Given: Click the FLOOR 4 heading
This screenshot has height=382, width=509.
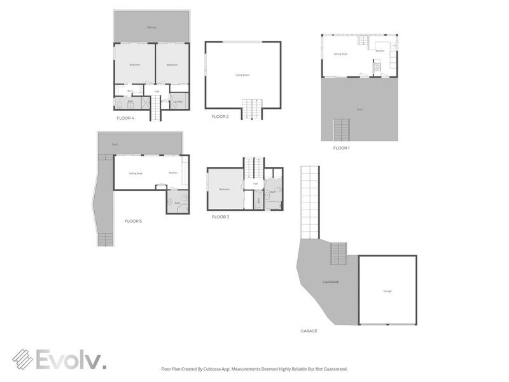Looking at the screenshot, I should [125, 118].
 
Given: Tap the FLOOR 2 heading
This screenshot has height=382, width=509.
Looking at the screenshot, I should [220, 117].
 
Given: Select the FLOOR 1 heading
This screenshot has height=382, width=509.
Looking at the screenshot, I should [341, 148].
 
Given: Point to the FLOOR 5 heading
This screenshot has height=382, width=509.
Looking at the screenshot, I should [133, 221].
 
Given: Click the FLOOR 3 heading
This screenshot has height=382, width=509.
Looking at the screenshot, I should [220, 217].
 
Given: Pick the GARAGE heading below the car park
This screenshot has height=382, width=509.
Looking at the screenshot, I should [309, 331].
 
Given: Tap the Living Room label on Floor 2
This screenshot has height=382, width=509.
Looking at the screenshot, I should [242, 75].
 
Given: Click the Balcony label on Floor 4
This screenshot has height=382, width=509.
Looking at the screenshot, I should [151, 27].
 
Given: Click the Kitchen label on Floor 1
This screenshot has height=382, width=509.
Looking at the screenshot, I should [379, 50].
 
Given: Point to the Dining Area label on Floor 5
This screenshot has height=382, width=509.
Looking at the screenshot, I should [136, 173].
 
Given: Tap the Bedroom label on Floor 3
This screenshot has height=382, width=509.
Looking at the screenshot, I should [224, 189].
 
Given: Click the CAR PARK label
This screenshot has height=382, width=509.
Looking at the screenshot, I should [330, 281].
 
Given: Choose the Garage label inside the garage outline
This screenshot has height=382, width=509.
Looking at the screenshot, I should [387, 291].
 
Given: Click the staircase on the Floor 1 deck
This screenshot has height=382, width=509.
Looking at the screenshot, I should [342, 130].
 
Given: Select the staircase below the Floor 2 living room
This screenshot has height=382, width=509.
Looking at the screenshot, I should [252, 109].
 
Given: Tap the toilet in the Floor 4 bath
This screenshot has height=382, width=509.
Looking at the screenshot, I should [119, 105].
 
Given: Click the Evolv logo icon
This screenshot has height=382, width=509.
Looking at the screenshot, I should [23, 359].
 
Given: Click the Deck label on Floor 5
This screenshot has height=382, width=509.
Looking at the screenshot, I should [115, 145].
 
